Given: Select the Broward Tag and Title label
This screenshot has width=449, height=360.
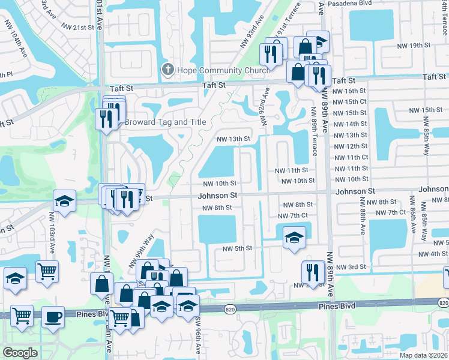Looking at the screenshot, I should tap(165, 122).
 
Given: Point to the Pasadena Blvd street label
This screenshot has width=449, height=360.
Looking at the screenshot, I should tap(349, 3).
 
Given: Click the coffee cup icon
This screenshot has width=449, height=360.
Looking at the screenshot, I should tap(53, 316).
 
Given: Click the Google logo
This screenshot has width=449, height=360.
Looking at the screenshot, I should tap(19, 353).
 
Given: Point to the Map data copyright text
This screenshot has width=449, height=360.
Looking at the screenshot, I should tap(423, 355).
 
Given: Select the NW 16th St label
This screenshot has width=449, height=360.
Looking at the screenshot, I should tap(351, 90).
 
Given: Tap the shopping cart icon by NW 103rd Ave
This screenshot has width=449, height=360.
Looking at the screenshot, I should tap(47, 271).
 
